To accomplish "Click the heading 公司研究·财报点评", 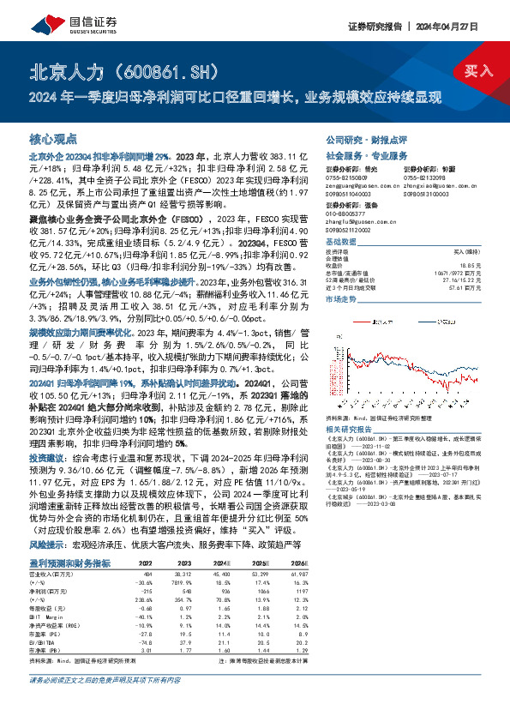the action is point(358,138).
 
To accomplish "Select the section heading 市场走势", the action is point(343,300).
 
